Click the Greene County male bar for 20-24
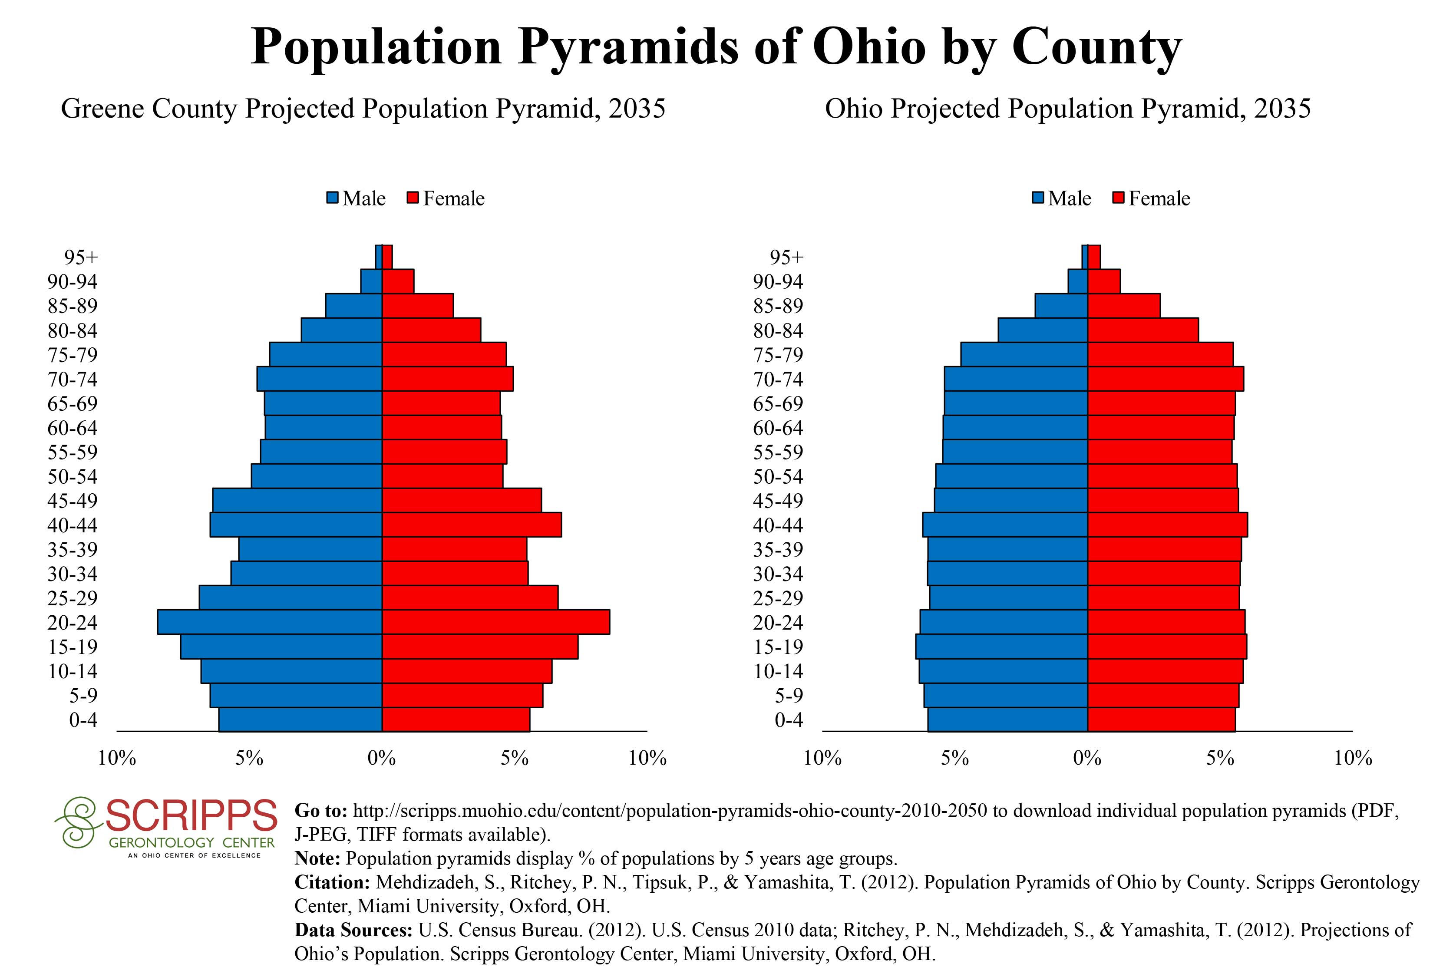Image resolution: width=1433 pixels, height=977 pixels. click(x=270, y=622)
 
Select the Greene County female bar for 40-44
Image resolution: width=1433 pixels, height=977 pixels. click(x=472, y=525)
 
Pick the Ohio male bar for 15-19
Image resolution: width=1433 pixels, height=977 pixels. click(x=1001, y=647)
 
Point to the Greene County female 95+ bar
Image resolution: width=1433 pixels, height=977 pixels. click(x=387, y=257)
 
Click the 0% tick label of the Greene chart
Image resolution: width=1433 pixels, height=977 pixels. click(x=382, y=758)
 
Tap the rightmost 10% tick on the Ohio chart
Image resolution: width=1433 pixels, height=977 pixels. click(x=1353, y=758)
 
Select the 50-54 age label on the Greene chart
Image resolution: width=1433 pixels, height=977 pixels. click(x=73, y=476)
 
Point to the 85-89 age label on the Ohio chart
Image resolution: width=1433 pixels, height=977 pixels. click(x=778, y=306)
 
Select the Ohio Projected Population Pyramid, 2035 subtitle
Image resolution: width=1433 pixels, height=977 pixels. click(x=1068, y=109)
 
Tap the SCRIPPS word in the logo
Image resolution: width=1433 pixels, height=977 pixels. click(x=191, y=815)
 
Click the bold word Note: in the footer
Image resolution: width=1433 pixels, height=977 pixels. click(x=317, y=858)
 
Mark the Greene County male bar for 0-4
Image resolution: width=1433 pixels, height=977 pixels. click(x=300, y=720)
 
